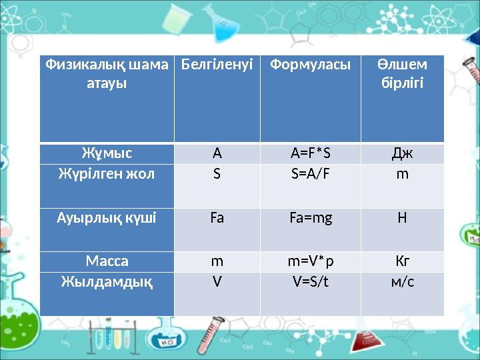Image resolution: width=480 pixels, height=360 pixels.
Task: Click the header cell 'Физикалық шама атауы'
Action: (x=107, y=75)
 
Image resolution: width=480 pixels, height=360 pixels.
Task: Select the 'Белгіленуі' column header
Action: (x=217, y=65)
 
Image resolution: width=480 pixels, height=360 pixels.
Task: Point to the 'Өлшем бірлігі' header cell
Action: (x=402, y=75)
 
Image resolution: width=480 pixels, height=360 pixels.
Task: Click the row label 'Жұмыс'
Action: (x=107, y=153)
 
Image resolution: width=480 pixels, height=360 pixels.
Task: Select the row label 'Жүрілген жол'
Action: (x=107, y=175)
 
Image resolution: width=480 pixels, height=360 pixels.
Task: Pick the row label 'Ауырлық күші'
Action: (x=107, y=217)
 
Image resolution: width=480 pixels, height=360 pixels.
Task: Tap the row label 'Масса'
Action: (x=107, y=261)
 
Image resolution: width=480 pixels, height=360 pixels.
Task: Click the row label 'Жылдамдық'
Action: (x=107, y=281)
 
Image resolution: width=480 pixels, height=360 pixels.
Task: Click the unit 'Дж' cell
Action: (x=402, y=154)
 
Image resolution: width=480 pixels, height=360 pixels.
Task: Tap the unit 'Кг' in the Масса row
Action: (x=402, y=261)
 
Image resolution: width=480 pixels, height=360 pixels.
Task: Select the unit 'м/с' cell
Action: (x=402, y=282)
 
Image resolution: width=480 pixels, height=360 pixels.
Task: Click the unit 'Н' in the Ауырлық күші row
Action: (x=402, y=218)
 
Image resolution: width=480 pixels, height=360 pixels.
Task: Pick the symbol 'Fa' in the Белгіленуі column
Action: (x=217, y=218)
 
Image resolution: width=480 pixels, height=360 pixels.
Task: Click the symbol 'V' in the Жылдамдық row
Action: (x=217, y=282)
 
